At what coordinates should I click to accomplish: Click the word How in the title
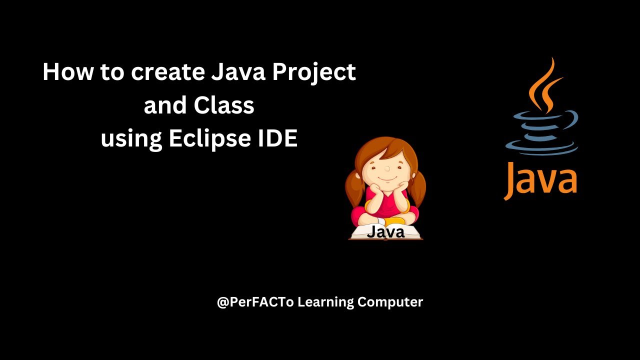point(68,72)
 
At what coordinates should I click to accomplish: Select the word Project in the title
point(313,73)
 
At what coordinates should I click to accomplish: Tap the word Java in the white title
point(238,73)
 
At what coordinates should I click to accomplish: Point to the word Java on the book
point(385,232)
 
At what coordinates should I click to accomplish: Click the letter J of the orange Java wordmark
point(510,180)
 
